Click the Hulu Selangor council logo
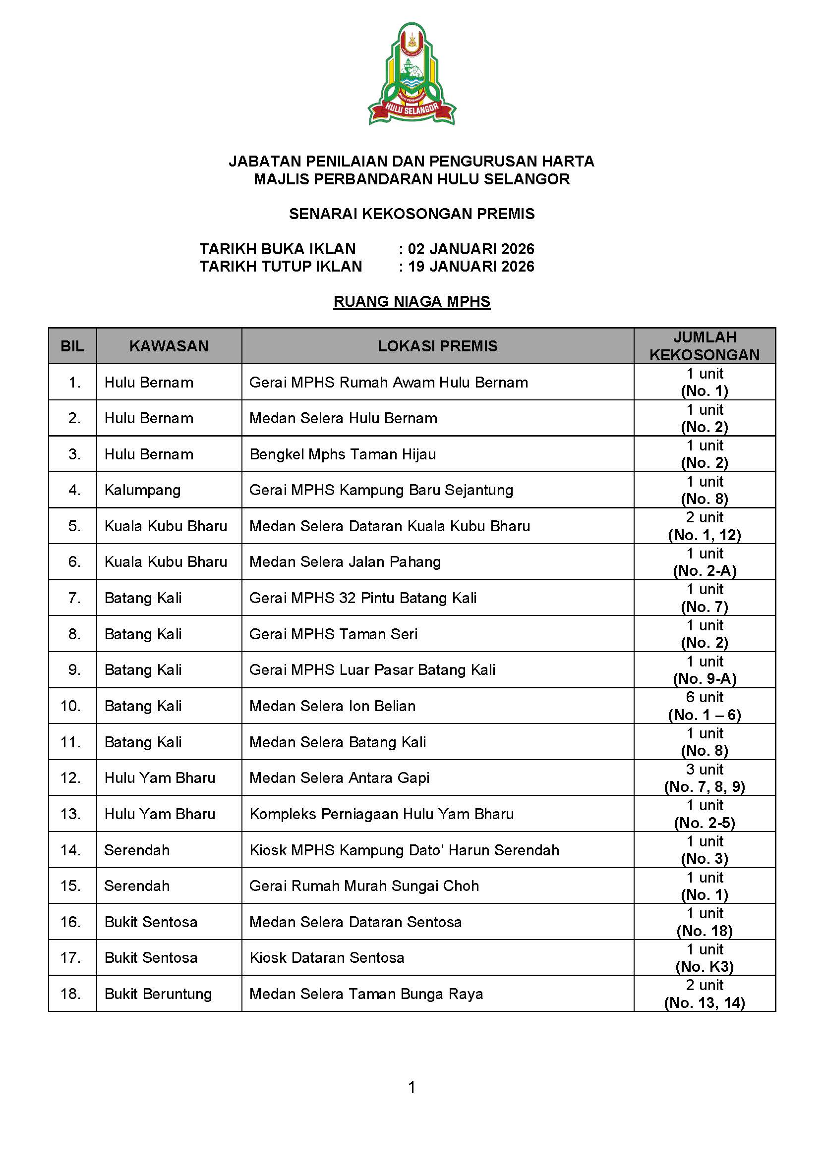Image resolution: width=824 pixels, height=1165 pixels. (412, 74)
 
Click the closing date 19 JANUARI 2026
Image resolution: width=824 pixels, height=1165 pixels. (471, 267)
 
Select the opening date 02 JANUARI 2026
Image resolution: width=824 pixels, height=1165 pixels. (471, 249)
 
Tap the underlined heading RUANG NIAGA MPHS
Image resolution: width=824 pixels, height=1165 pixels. (412, 301)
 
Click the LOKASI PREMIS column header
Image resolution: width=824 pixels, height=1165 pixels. (437, 346)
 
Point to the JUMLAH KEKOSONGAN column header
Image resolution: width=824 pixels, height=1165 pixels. (704, 346)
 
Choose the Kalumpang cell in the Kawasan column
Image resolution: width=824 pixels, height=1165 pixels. (143, 490)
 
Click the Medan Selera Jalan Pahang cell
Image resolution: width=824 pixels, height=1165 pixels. (345, 562)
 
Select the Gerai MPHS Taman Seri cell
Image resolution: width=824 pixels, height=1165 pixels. (333, 634)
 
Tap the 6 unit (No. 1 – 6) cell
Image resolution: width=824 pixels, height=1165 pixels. (704, 706)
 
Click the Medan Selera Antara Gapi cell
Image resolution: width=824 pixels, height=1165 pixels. (339, 778)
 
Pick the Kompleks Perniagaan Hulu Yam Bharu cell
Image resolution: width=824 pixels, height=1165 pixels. (381, 814)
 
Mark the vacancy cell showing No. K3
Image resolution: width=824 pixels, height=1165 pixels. (704, 958)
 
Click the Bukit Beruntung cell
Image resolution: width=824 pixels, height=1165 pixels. (158, 994)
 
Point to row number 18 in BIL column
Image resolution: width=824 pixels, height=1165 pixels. (70, 994)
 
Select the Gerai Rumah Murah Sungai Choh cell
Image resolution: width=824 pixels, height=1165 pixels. (364, 886)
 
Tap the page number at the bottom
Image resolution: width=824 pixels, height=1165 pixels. (412, 1087)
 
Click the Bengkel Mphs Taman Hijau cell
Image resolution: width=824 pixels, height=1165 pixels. (342, 454)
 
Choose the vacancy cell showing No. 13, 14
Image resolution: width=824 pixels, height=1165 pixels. (704, 994)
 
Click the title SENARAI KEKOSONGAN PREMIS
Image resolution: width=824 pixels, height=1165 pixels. (412, 214)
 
